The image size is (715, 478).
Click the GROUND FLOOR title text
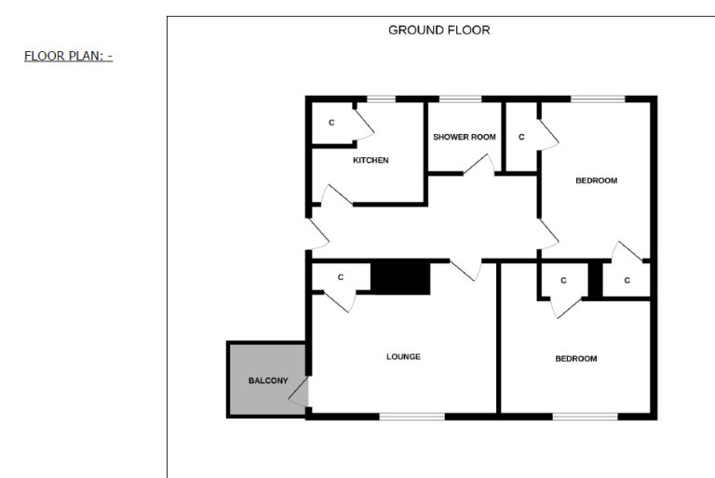(x=438, y=30)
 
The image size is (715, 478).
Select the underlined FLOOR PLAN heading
(x=68, y=56)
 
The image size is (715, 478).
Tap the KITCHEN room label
(x=371, y=160)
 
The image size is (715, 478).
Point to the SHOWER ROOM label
(x=464, y=137)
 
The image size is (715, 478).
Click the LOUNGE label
(x=403, y=356)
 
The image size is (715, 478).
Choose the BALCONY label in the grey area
(x=267, y=381)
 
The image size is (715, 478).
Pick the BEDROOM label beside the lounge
(x=576, y=358)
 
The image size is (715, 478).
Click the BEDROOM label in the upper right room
(x=596, y=180)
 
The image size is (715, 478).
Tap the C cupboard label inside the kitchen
(x=331, y=123)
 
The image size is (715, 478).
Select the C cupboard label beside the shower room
(x=521, y=137)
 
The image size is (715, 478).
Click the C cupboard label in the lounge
(x=340, y=277)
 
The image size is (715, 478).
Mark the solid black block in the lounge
(x=400, y=278)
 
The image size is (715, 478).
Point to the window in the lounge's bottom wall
(x=411, y=416)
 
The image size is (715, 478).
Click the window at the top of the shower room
(x=453, y=99)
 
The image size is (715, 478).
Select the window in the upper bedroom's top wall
(x=597, y=99)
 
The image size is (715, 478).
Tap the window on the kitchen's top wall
(x=380, y=99)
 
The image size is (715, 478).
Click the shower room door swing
(x=479, y=165)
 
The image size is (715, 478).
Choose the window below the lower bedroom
(x=585, y=416)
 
